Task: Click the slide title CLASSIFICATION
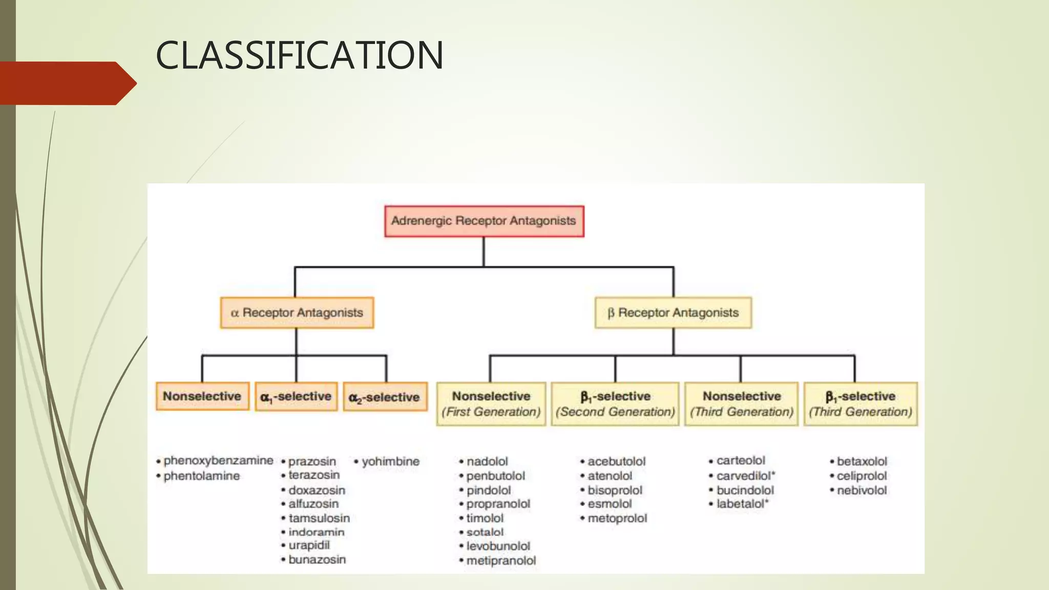click(299, 55)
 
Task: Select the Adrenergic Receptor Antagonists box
click(484, 221)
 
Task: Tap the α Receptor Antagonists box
click(297, 312)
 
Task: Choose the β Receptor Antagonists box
click(673, 312)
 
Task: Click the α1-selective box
click(296, 396)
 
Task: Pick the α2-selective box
click(385, 397)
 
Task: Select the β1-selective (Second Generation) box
click(615, 404)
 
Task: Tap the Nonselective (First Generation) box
click(491, 404)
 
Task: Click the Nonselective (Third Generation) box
click(741, 404)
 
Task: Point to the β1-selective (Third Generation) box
click(861, 404)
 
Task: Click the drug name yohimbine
click(390, 461)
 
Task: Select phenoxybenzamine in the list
click(218, 460)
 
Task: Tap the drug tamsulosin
click(319, 518)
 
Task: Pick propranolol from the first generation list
click(498, 504)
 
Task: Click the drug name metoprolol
click(617, 518)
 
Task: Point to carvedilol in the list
click(745, 476)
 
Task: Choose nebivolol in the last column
click(862, 490)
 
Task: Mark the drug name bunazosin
click(317, 560)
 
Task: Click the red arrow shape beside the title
click(67, 83)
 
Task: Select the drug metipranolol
click(501, 561)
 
